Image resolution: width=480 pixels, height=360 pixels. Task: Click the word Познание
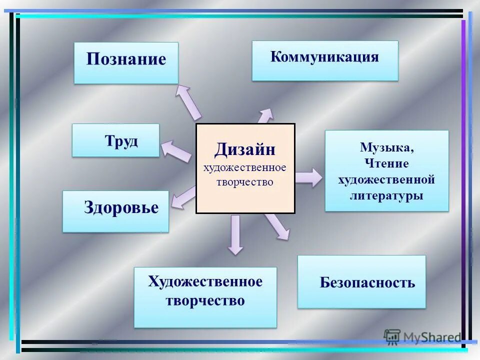pos(126,59)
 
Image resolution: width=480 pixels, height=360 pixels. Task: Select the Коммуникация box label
pos(324,56)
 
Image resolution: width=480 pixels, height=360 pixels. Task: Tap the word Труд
pos(121,141)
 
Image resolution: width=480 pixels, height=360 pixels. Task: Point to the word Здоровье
pos(121,207)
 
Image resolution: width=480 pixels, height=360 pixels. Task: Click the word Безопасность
pos(367,283)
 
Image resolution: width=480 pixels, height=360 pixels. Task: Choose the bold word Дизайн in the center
pos(245,149)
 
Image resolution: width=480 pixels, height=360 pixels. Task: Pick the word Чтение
pos(387,163)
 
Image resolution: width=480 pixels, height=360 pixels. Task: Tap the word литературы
pos(387,195)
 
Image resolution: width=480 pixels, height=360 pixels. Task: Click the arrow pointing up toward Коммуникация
pos(265,116)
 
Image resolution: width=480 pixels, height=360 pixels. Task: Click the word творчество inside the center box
pos(245,182)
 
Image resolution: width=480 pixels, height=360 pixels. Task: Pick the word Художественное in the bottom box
pos(205,282)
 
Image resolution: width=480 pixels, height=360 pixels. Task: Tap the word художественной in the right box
pos(387,179)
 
